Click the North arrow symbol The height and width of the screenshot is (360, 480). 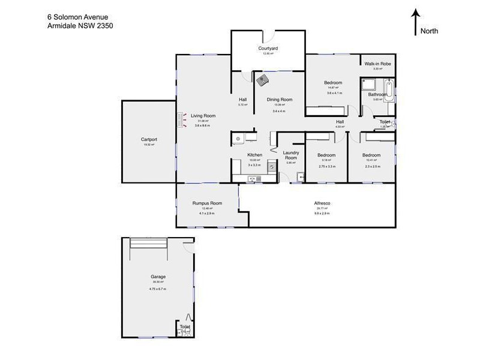[415, 22]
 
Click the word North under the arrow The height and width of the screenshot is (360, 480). [430, 31]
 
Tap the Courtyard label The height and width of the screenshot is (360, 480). [268, 48]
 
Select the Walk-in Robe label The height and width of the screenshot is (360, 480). [377, 63]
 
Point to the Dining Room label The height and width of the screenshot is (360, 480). [279, 100]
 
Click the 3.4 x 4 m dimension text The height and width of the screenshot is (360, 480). [279, 111]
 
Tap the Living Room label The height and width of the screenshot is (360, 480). [203, 115]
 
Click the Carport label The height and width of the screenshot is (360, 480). [149, 139]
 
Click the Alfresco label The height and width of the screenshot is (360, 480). [323, 203]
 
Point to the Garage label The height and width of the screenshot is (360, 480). [158, 277]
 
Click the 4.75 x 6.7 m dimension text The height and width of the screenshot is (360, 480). [158, 289]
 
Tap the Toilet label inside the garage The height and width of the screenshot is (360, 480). [185, 326]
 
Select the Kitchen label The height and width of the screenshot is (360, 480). [255, 155]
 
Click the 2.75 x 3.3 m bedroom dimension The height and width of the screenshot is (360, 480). [327, 166]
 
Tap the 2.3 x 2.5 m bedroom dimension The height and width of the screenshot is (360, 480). [371, 166]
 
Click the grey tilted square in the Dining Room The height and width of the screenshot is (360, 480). [262, 78]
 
